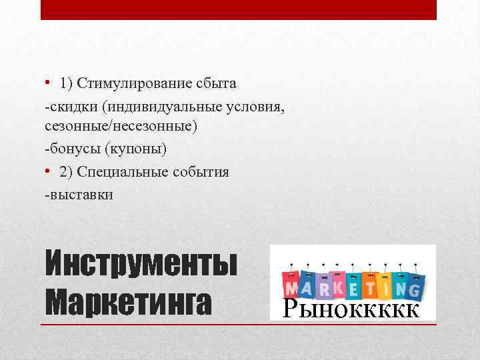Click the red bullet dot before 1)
coord(48,83)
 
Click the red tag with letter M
coord(291,285)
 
